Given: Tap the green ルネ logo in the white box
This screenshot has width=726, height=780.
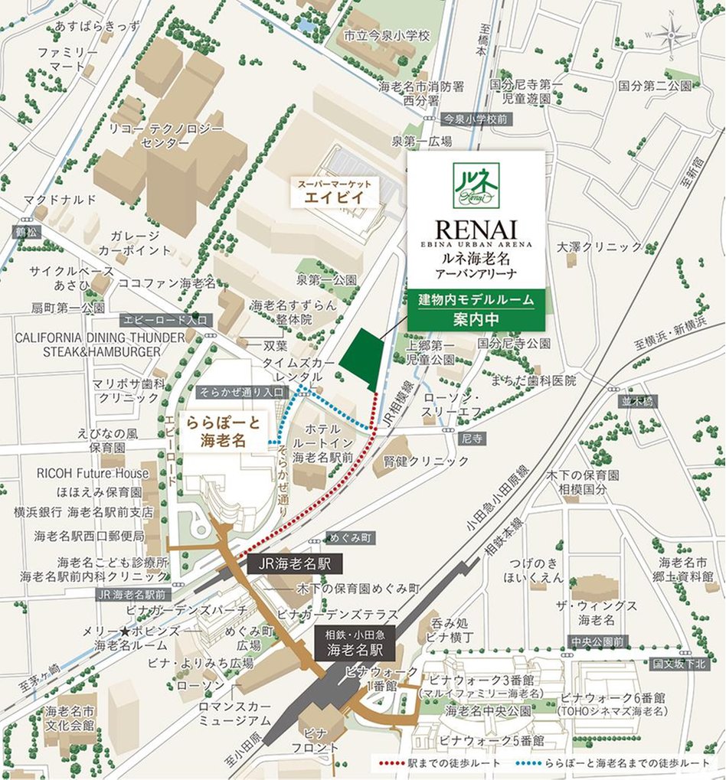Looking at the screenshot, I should click(x=476, y=184).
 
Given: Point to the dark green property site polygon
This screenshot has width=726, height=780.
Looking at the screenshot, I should click(x=358, y=359).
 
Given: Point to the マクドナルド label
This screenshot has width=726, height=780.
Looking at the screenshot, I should click(x=60, y=200).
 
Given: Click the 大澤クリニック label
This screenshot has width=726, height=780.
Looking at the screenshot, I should click(x=600, y=246).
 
